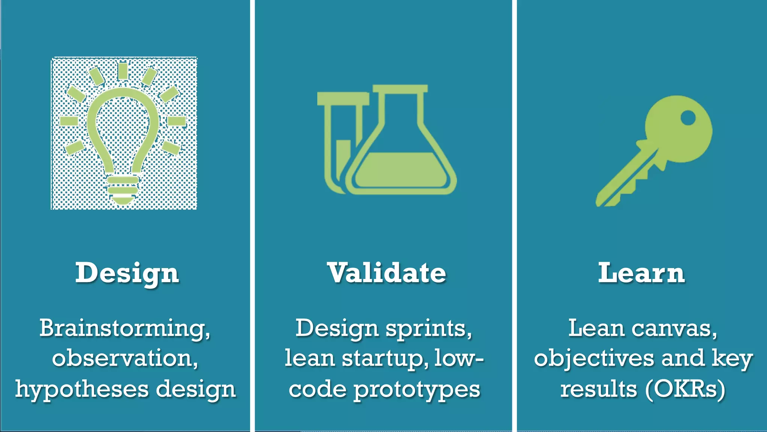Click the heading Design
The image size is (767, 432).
point(127,273)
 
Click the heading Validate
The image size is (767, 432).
point(386,273)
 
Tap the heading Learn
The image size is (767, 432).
point(641,273)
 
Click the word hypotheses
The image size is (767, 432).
point(82,389)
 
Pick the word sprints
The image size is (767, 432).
point(428,328)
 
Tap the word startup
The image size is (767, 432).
point(385,358)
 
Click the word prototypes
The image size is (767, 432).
point(417,390)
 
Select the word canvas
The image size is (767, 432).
point(674,328)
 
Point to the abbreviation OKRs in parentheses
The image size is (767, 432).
point(685,389)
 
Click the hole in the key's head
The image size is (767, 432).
point(688,118)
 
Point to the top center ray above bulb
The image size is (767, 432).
point(122,71)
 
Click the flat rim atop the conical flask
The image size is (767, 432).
point(400,88)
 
